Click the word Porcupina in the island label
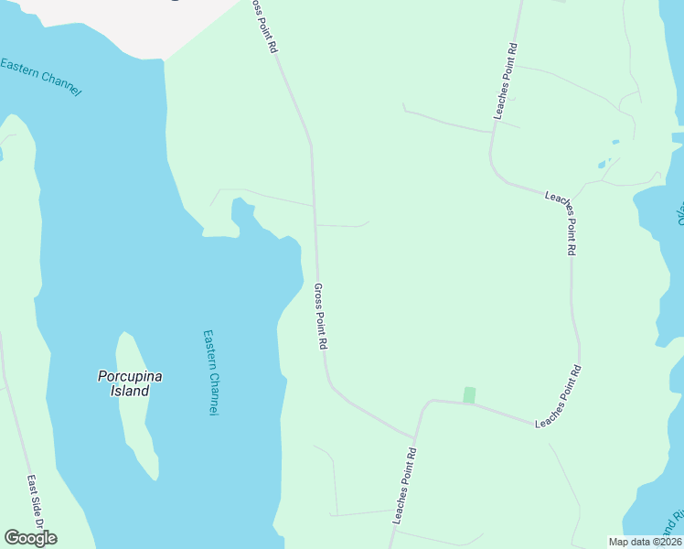123,375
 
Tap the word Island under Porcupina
123,391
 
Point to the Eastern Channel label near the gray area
41,76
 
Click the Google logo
30,538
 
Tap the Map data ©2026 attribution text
645,542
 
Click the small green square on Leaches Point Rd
470,394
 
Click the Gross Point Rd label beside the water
321,317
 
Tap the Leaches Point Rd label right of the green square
559,398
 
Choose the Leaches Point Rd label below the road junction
404,486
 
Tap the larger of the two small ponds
602,165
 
